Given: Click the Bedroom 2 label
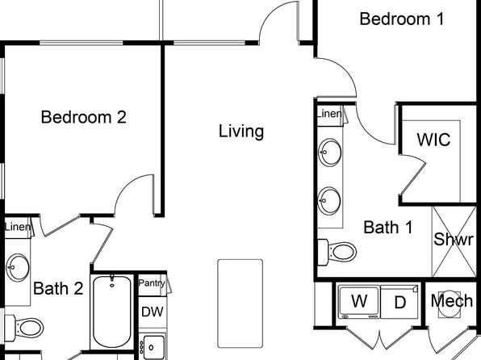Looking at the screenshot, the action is [83, 117].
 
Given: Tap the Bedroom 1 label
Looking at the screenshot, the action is [402, 19].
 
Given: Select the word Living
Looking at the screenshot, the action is [241, 132].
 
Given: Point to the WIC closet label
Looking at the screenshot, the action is [433, 140].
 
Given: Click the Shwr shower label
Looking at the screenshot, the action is [454, 239].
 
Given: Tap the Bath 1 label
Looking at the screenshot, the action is [388, 228].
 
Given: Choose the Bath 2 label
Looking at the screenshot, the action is [58, 288].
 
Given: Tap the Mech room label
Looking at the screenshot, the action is [452, 301].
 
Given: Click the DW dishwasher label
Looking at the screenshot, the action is [153, 312].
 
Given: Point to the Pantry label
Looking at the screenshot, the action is [152, 283].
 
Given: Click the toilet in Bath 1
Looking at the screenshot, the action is [337, 253].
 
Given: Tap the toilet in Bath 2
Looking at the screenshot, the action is [24, 328].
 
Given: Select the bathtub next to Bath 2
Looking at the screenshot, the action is [111, 312].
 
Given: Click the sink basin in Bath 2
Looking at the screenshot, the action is [18, 267].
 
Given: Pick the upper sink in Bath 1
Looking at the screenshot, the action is [329, 153].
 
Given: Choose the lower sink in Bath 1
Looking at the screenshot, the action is [329, 201].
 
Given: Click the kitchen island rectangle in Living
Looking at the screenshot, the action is [240, 303].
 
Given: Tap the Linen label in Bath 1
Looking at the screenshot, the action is [329, 114].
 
